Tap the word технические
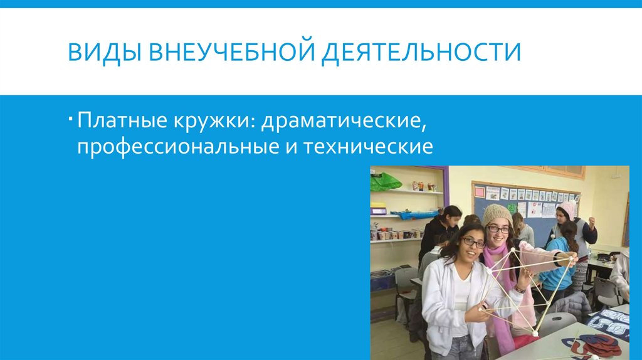coord(369,147)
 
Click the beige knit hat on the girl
coord(497,214)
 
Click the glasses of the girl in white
coord(473,241)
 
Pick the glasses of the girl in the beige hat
coord(499,230)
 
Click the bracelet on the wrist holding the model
coord(519,289)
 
